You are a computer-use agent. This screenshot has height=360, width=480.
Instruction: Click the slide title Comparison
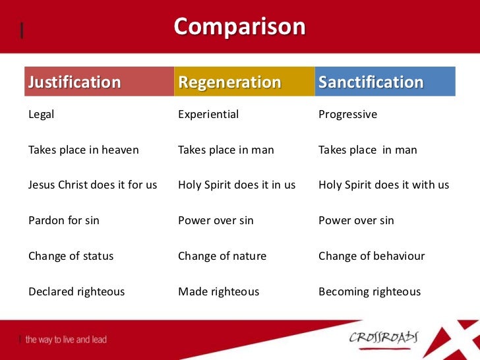[240, 27]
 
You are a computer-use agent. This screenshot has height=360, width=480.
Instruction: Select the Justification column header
[75, 82]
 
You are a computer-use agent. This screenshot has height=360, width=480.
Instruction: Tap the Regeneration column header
[229, 82]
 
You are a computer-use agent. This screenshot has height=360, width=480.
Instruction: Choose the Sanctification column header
[371, 82]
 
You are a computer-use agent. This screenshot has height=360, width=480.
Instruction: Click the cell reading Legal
[42, 115]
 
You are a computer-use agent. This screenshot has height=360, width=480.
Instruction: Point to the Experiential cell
[208, 115]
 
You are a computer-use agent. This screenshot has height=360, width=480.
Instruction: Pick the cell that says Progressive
[347, 115]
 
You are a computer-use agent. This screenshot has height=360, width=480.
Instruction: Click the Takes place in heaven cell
[84, 150]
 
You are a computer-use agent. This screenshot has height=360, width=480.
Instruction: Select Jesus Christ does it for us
[93, 185]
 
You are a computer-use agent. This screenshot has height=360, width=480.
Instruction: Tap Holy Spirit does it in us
[237, 185]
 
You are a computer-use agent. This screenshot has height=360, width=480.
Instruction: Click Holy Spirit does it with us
[384, 185]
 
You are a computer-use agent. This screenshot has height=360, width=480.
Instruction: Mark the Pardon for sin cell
[64, 221]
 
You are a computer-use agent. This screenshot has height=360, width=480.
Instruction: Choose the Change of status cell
[71, 256]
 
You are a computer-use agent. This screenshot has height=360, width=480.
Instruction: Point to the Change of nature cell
[222, 256]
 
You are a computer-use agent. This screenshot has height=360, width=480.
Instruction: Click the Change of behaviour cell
[372, 256]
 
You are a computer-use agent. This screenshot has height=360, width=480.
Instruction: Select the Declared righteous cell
[76, 291]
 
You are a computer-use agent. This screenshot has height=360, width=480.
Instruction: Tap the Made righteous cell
[219, 291]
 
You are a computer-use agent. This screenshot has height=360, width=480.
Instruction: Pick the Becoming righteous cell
[369, 291]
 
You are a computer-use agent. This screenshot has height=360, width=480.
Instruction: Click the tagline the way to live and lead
[66, 340]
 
